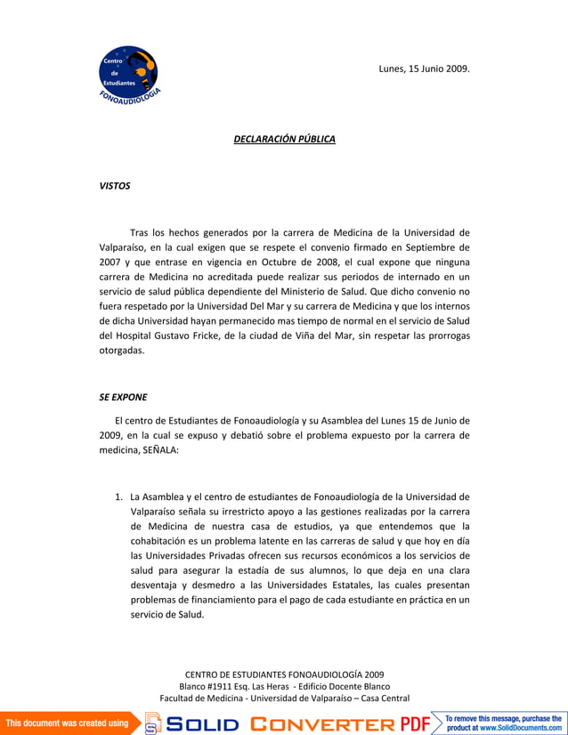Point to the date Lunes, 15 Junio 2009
pos(425,69)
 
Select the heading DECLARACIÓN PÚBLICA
pos(284,140)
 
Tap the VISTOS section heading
pos(114,186)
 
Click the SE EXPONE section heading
pos(123,397)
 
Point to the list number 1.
pos(118,497)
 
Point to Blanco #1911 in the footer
pos(209,686)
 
